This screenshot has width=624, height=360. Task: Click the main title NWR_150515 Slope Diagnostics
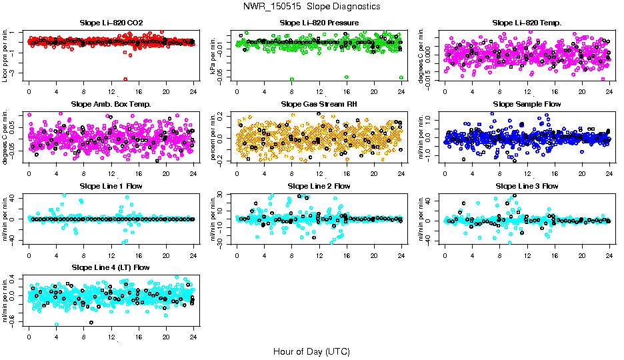point(312,6)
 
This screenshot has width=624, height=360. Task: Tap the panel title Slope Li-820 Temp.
point(527,23)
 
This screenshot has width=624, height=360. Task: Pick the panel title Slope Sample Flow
point(527,105)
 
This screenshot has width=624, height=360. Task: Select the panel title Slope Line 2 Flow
point(319,186)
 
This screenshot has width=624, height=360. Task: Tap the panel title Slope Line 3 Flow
point(527,186)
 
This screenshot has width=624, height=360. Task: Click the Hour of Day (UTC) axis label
point(311,351)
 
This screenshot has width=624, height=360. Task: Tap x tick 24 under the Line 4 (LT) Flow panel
point(193,337)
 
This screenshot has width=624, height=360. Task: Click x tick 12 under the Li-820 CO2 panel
point(111,93)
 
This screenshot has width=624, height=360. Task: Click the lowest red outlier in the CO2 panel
point(125,79)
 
